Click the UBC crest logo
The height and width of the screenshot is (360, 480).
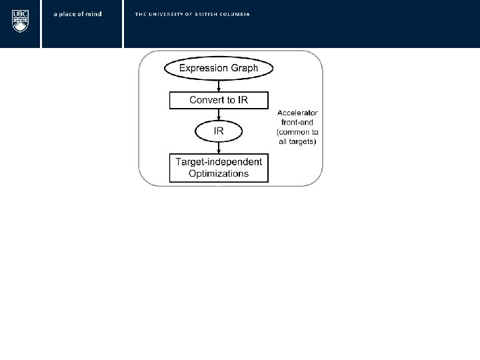20,21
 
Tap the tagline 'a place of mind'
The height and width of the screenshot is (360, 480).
77,14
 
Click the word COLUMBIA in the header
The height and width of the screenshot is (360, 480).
236,14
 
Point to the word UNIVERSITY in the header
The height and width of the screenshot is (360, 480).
167,14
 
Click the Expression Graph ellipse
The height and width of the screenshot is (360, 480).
219,68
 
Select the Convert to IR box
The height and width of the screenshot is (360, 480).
219,100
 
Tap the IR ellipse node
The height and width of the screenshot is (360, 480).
219,131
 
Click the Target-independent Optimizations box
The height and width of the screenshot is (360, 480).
219,167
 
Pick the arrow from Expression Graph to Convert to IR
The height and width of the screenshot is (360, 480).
219,85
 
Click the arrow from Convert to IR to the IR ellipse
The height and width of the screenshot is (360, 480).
219,115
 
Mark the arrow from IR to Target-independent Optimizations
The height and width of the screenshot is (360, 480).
219,147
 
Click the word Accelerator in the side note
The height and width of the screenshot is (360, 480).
297,114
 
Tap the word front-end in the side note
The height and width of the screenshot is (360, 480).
297,123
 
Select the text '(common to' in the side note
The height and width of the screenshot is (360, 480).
297,133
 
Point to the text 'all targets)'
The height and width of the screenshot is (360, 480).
297,142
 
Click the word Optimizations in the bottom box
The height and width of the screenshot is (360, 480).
219,174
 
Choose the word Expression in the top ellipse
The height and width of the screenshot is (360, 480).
203,68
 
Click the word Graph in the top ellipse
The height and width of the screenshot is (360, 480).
243,68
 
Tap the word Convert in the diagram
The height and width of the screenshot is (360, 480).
207,100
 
